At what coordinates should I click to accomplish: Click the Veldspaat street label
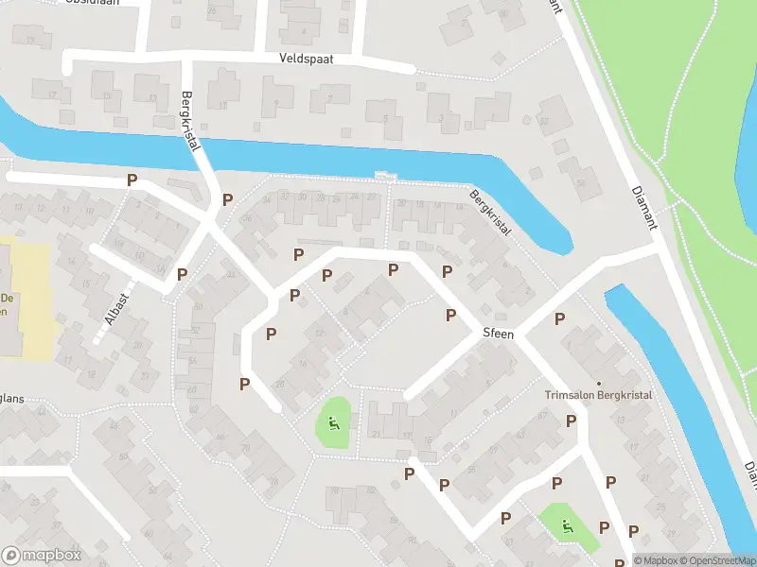click(x=307, y=59)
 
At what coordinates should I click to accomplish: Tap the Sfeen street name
click(x=498, y=335)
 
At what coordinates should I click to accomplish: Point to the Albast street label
click(x=117, y=306)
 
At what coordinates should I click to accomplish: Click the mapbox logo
click(x=39, y=556)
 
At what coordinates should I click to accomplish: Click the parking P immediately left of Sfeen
click(x=450, y=314)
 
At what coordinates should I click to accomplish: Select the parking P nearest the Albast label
click(x=182, y=274)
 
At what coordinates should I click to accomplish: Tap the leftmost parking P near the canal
click(x=132, y=179)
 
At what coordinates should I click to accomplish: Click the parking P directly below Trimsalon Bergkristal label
click(x=571, y=421)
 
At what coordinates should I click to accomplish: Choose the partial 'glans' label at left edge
click(x=11, y=399)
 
